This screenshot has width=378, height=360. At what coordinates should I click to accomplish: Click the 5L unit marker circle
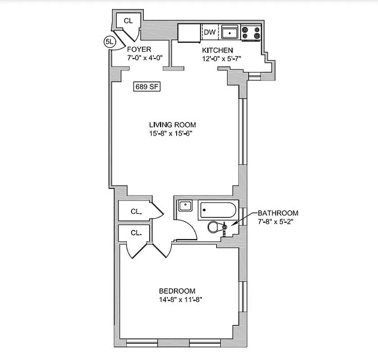pyautogui.click(x=109, y=42)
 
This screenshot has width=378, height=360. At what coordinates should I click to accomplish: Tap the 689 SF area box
pyautogui.click(x=147, y=86)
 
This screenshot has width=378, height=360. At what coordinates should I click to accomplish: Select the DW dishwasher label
pyautogui.click(x=209, y=32)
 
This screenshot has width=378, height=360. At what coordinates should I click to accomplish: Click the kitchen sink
pyautogui.click(x=230, y=32)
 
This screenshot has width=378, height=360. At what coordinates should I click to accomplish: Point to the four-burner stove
pyautogui.click(x=251, y=32)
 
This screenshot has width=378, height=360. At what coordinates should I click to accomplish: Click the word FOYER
pyautogui.click(x=139, y=49)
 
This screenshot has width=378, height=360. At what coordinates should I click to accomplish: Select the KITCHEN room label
pyautogui.click(x=217, y=50)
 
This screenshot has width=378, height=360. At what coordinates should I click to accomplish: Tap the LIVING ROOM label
pyautogui.click(x=173, y=125)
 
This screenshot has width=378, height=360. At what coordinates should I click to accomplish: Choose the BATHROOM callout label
pyautogui.click(x=278, y=213)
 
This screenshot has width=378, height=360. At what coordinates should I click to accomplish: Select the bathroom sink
pyautogui.click(x=185, y=206)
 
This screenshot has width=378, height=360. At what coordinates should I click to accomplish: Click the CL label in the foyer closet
pyautogui.click(x=128, y=21)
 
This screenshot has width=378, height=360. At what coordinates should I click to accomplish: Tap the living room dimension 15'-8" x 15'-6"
pyautogui.click(x=173, y=133)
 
